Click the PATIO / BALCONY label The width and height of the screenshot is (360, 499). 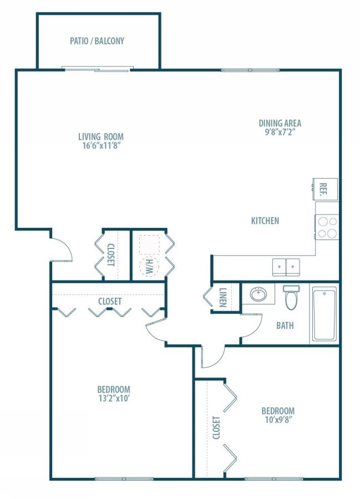(97, 40)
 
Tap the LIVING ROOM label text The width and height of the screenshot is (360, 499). (100, 136)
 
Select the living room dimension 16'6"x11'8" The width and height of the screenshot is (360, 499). (100, 146)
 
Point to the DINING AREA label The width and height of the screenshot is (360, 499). (280, 123)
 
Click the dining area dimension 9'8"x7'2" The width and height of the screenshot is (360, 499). (280, 133)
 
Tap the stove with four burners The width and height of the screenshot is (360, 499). (327, 227)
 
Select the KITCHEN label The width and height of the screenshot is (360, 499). (265, 221)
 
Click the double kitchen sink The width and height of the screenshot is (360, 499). (286, 267)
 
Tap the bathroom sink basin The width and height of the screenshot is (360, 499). (258, 294)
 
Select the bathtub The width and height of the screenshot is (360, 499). (324, 315)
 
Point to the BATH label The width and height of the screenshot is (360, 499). (285, 325)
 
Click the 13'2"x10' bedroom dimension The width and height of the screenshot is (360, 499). (114, 398)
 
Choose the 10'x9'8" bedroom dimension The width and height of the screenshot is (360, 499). (278, 420)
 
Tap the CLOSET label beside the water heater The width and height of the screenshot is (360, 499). (110, 255)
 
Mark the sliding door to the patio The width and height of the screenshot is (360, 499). (98, 69)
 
